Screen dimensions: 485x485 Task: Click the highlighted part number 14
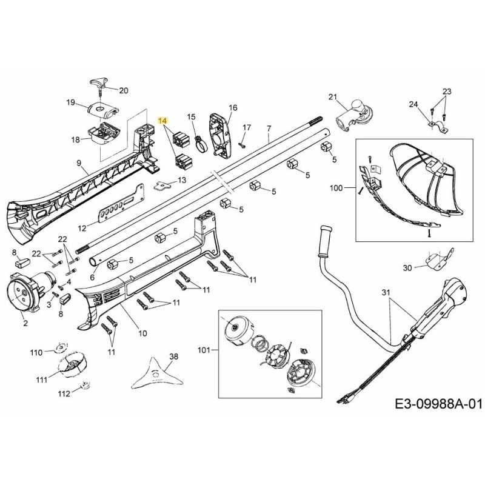tap(162, 121)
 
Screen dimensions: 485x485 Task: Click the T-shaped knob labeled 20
tap(101, 84)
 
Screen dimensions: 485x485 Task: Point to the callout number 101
tap(206, 350)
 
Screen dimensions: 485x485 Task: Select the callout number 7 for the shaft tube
tap(269, 129)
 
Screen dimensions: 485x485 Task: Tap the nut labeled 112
tap(85, 384)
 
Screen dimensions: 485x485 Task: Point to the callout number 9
tap(79, 162)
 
